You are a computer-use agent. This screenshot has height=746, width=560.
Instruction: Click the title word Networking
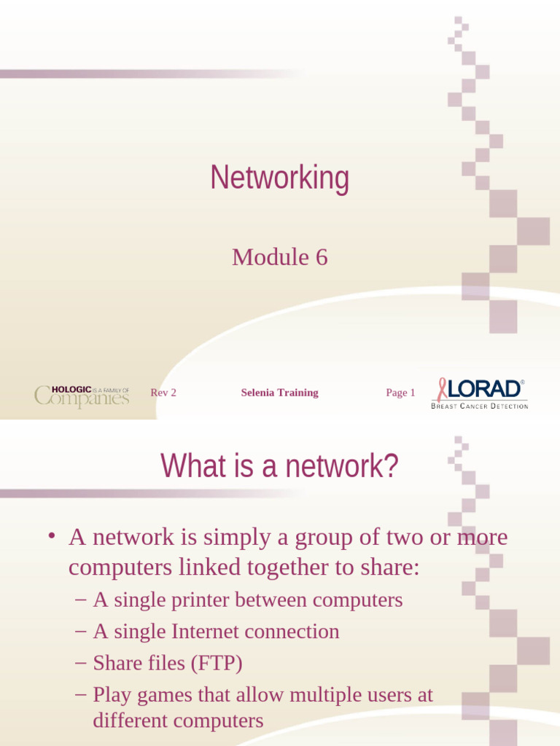280,178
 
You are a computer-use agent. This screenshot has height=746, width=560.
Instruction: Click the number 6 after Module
321,257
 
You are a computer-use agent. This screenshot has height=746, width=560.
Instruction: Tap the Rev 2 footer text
163,393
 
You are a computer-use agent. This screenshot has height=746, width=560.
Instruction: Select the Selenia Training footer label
279,393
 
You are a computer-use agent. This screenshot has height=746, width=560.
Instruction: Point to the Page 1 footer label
400,393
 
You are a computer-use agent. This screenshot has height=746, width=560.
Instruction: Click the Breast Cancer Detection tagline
479,406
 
